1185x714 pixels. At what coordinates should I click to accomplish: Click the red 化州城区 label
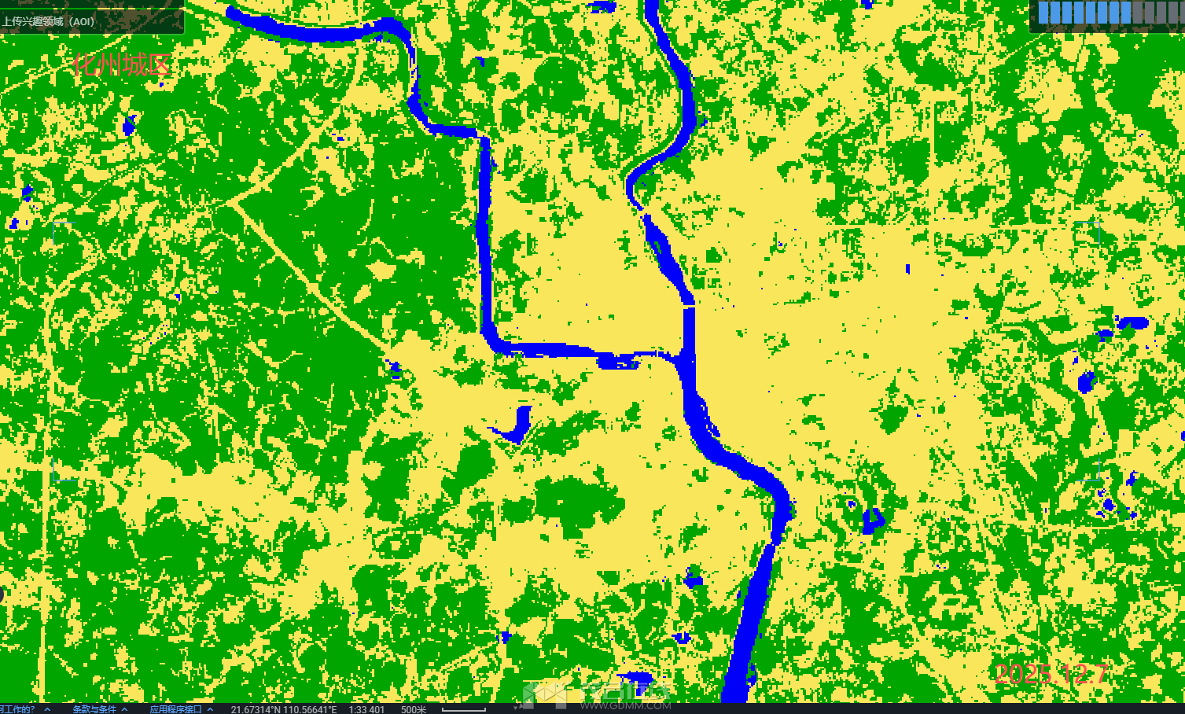tap(121, 64)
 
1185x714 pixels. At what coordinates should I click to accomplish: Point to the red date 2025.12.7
tap(1051, 674)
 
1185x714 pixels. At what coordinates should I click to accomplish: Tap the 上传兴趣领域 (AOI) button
tap(49, 21)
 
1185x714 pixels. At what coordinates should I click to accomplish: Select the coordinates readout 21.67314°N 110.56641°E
tap(283, 709)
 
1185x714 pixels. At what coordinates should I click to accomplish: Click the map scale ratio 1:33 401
tap(366, 709)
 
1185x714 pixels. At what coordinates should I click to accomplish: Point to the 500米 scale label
tap(414, 709)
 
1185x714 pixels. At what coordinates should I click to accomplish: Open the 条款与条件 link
tap(94, 709)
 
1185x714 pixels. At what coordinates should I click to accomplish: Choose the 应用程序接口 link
tap(176, 709)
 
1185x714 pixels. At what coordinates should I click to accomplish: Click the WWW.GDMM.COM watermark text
tap(626, 705)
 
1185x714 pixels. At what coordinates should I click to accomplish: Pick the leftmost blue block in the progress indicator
tap(1044, 13)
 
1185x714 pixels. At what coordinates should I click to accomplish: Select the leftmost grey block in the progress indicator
tap(1137, 13)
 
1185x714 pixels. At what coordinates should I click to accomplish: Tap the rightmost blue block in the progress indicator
tap(1125, 13)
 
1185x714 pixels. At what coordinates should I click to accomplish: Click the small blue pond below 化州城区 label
tap(130, 123)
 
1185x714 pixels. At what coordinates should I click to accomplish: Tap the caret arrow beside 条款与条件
tap(124, 709)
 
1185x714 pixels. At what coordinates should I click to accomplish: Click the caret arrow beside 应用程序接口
tap(210, 709)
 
